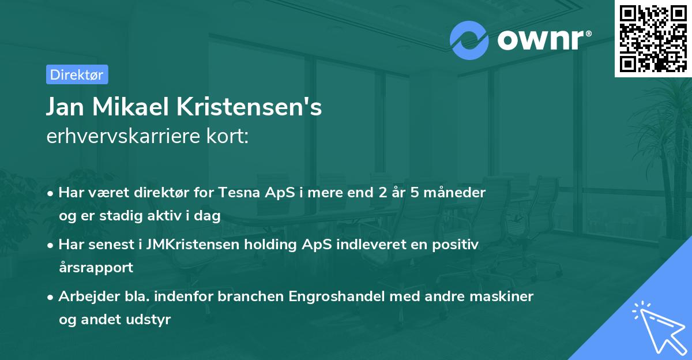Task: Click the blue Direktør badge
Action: tap(77, 74)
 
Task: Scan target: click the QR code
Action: tap(653, 38)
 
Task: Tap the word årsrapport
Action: tap(96, 268)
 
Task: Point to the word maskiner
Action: tap(503, 297)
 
